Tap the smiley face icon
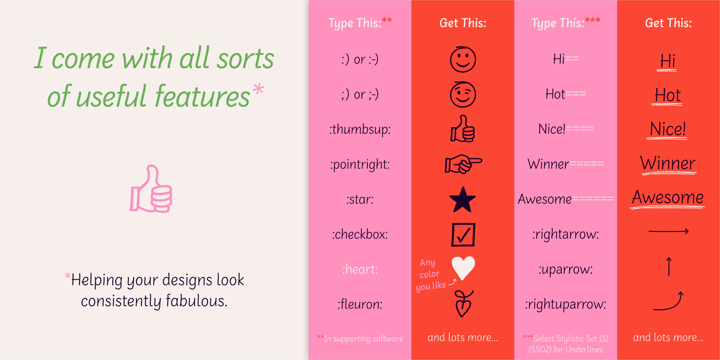tap(463, 60)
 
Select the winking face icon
tap(463, 95)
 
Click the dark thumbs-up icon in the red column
tap(463, 129)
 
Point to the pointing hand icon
tap(463, 164)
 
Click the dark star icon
tap(463, 199)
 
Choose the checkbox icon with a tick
tap(463, 234)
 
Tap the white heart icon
tap(463, 268)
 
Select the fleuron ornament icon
tap(463, 303)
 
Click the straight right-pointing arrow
tap(668, 232)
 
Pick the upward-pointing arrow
tap(668, 267)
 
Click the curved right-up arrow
tap(668, 301)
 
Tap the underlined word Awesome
tap(667, 197)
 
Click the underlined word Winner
tap(667, 163)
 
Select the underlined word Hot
tap(667, 96)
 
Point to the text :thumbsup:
tap(359, 130)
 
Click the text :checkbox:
tap(359, 234)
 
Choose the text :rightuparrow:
tap(565, 304)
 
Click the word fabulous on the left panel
tap(193, 300)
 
